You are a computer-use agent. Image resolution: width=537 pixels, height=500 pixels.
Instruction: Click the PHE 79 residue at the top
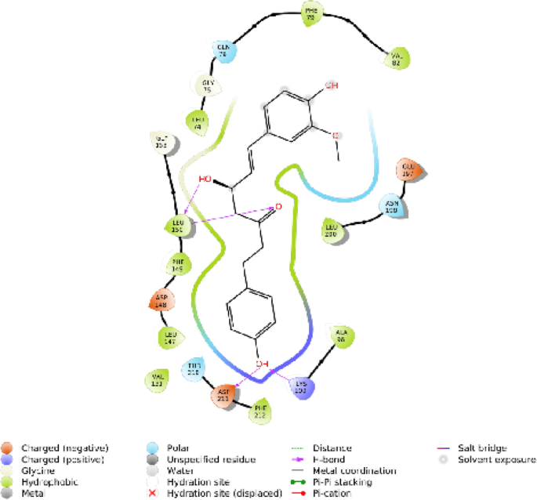click(312, 13)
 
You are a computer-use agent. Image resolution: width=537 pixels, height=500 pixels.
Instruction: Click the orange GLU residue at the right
click(408, 171)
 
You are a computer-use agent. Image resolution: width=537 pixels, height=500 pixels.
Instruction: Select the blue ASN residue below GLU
click(392, 207)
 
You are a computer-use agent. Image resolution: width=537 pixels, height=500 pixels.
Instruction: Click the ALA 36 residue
click(340, 335)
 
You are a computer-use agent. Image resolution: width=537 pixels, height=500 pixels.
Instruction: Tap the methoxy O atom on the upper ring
click(335, 135)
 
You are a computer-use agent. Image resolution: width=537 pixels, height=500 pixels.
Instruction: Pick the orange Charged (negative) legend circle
click(7, 447)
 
